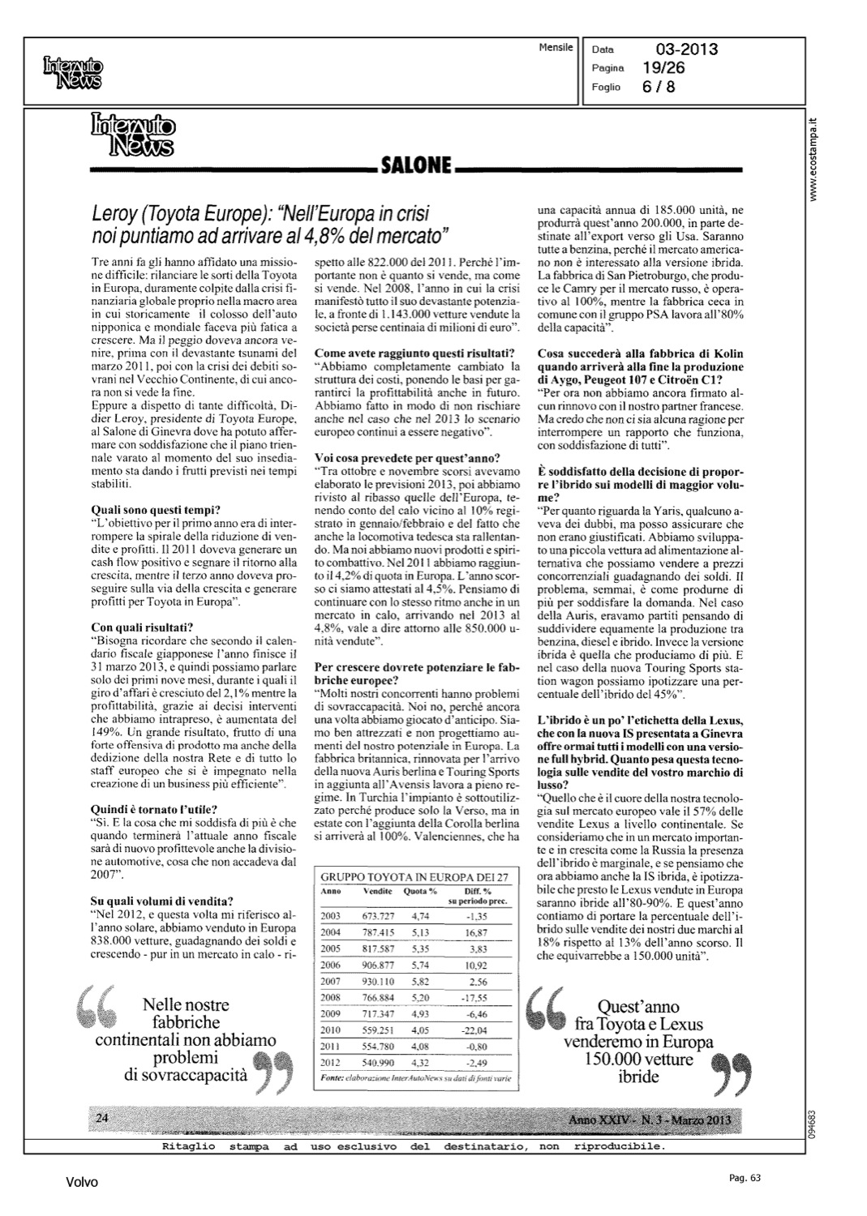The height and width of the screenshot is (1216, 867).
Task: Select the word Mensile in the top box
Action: coord(556,47)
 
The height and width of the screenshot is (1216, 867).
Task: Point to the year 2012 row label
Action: coord(331,1062)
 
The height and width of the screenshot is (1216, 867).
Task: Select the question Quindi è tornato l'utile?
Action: coord(154,808)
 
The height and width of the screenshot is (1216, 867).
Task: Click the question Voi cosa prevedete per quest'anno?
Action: coord(407,458)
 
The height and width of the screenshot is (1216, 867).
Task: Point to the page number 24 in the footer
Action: coord(103,1118)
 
